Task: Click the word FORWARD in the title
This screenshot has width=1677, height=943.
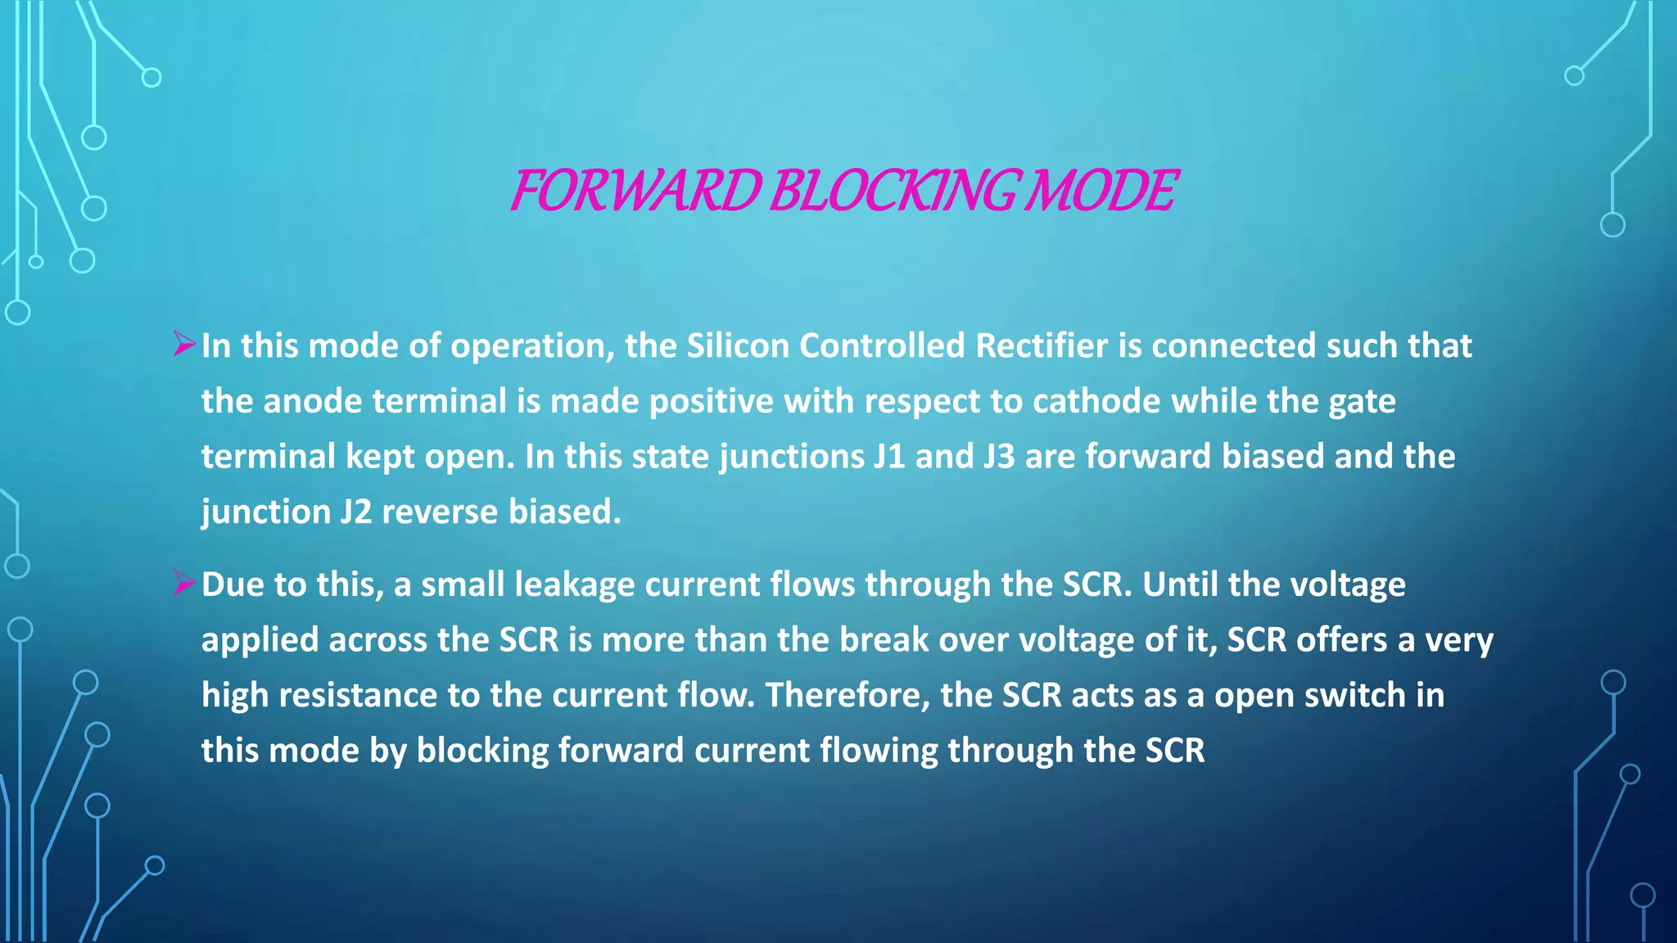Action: click(635, 191)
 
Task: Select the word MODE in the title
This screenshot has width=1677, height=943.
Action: click(1101, 191)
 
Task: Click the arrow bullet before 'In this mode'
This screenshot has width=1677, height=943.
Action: click(183, 344)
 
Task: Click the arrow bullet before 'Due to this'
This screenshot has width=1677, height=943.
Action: click(183, 583)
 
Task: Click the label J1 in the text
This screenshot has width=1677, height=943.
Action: click(889, 457)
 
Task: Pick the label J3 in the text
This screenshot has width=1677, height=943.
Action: click(999, 457)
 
